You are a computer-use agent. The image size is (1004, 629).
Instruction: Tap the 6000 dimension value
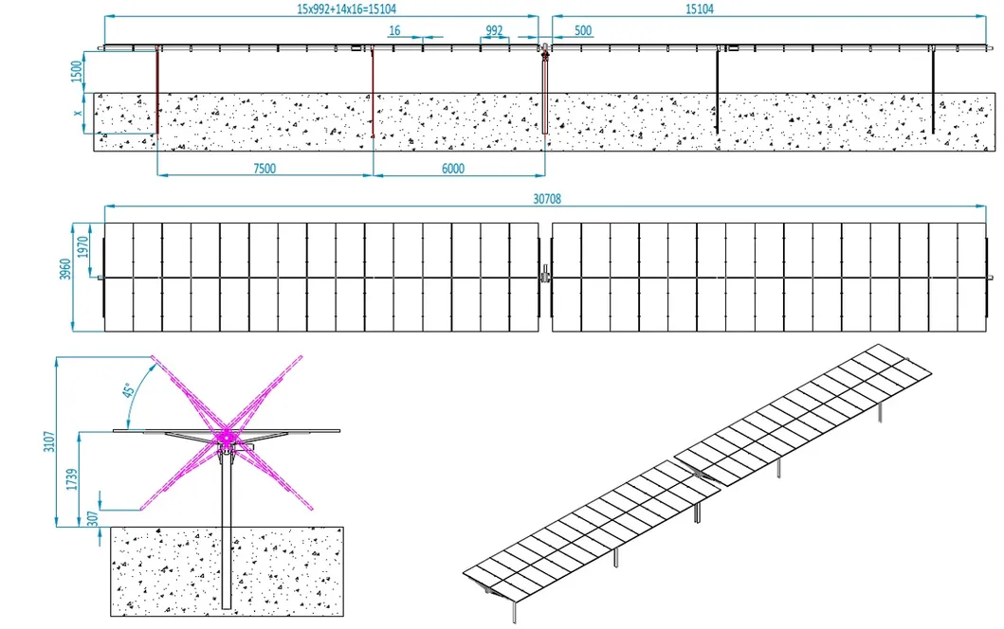pyautogui.click(x=453, y=168)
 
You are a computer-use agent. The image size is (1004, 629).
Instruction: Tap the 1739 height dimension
pyautogui.click(x=84, y=478)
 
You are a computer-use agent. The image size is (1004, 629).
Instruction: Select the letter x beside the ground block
pyautogui.click(x=79, y=113)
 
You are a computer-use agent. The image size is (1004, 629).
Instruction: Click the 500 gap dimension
pyautogui.click(x=583, y=31)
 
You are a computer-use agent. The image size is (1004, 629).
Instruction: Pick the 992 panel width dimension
pyautogui.click(x=494, y=31)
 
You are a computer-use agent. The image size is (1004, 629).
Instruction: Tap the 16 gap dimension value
pyautogui.click(x=394, y=31)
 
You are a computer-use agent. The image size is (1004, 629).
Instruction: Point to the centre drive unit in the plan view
pyautogui.click(x=544, y=277)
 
